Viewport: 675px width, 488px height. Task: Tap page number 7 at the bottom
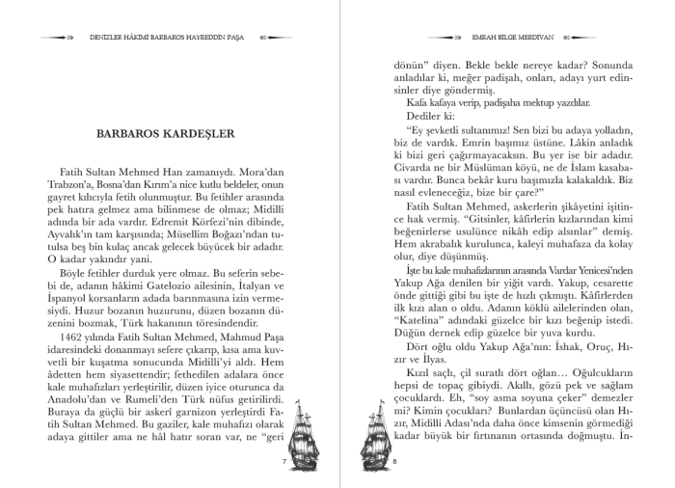pyautogui.click(x=284, y=463)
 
